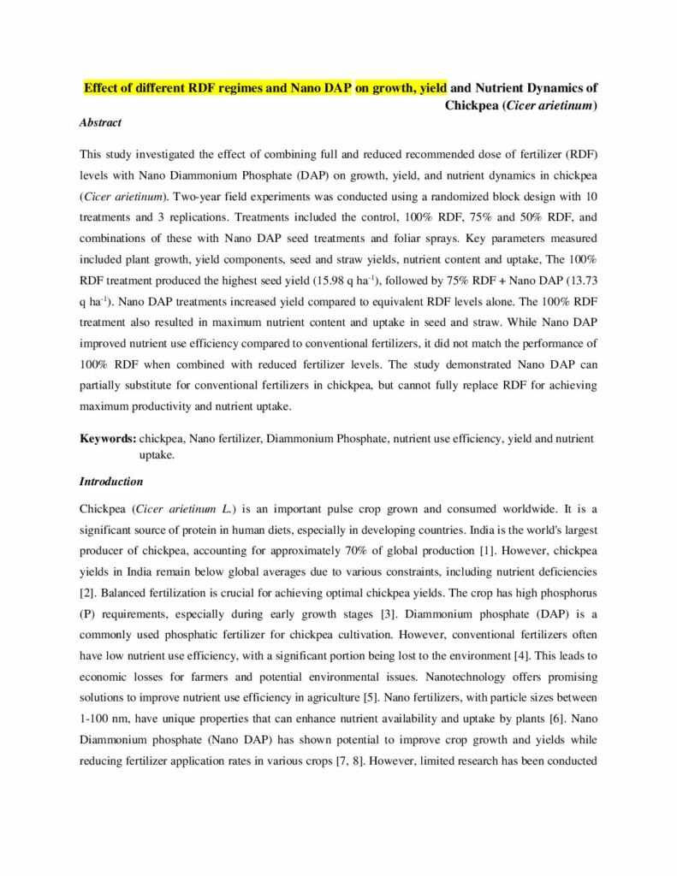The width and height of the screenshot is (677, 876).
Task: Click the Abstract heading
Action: pos(100,122)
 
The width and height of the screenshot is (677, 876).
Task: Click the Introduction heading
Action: pos(110,482)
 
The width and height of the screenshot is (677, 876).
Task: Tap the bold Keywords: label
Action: pos(107,439)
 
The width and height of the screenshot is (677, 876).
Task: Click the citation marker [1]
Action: pos(480,548)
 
